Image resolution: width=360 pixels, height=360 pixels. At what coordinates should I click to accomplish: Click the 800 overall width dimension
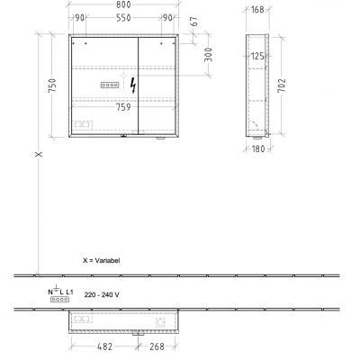point(128,6)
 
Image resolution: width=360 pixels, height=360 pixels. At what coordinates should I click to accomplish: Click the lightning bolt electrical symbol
point(135,85)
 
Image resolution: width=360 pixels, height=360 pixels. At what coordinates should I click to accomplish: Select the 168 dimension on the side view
point(256,11)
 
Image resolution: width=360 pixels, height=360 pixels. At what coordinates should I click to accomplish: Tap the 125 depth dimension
point(257,57)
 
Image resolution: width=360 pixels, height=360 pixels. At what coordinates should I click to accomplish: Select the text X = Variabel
point(101,259)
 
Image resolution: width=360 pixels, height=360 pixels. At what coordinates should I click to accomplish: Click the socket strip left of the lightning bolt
point(110,85)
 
